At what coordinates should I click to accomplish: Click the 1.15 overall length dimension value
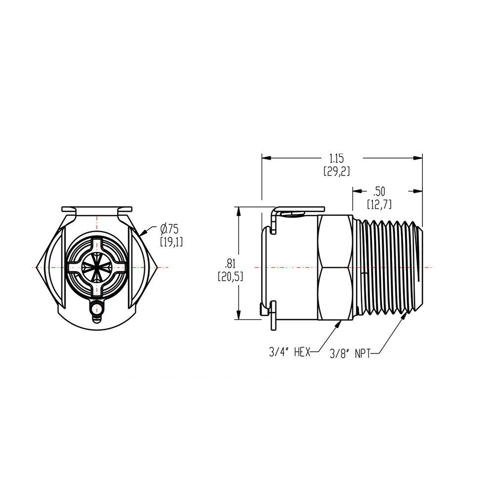tap(336, 158)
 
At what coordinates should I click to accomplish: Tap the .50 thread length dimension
tap(380, 191)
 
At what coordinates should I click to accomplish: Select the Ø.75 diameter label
tap(169, 228)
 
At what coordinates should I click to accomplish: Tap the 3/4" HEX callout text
tap(289, 352)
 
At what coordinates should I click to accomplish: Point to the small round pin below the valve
tap(98, 309)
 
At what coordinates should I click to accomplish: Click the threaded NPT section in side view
tap(388, 267)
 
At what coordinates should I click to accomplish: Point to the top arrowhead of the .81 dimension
tap(240, 209)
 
